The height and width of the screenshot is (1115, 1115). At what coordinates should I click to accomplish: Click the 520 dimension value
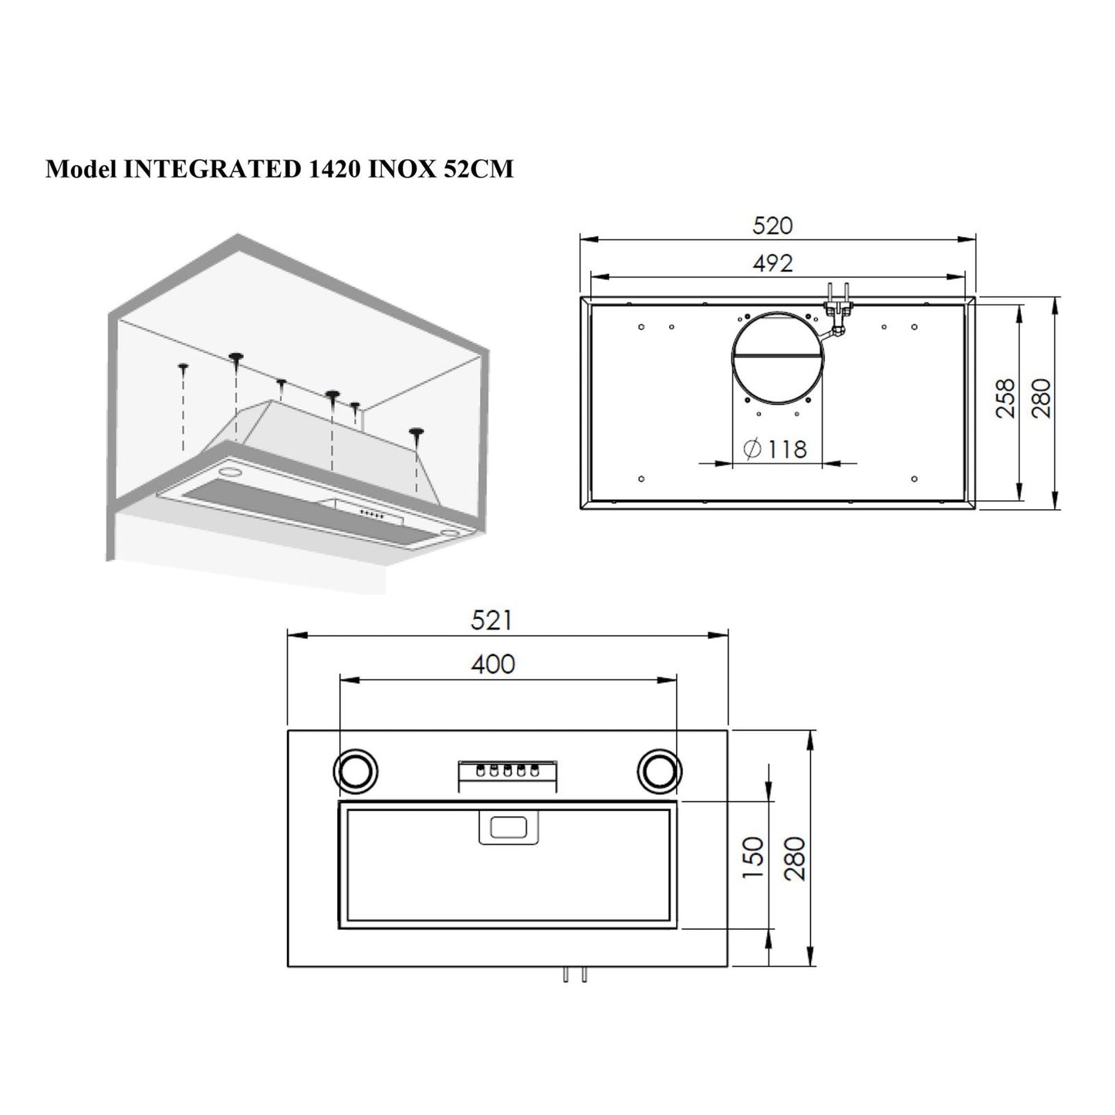(772, 225)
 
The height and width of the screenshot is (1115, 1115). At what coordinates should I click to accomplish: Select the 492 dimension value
(772, 263)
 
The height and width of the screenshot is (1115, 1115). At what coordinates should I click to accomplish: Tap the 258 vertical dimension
(1005, 398)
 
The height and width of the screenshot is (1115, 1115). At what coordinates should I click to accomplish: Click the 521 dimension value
(491, 620)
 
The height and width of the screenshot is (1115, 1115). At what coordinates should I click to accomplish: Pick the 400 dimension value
(493, 664)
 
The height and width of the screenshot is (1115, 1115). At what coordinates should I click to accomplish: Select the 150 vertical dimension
(752, 857)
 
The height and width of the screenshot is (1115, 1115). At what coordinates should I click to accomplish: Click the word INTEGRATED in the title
(207, 169)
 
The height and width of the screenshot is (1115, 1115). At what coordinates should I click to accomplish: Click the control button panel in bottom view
(508, 774)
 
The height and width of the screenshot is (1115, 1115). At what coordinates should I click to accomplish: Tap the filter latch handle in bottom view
(509, 828)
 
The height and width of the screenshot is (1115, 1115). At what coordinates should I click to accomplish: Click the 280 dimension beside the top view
(1042, 398)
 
